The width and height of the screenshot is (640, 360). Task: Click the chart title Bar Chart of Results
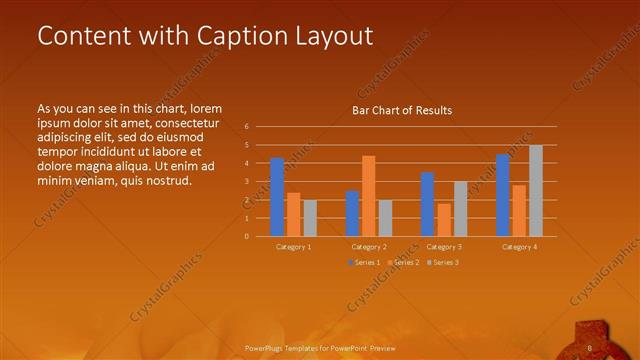pos(402,110)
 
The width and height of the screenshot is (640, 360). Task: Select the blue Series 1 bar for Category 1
pos(277,197)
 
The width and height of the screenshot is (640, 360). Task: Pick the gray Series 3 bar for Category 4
pos(535,191)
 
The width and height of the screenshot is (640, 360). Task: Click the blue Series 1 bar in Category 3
pos(427,204)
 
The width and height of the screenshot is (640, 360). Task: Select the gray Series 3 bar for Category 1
pos(309,218)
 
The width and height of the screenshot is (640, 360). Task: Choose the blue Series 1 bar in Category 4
pos(503,195)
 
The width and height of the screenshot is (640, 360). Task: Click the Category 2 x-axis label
pos(368,246)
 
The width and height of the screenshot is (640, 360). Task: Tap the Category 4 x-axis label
pos(519,246)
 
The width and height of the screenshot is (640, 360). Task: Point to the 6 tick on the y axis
pos(246,127)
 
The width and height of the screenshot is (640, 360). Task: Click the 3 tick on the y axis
pos(246,182)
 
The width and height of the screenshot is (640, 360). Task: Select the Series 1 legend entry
pos(364,262)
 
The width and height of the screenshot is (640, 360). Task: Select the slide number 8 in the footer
pos(590,348)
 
